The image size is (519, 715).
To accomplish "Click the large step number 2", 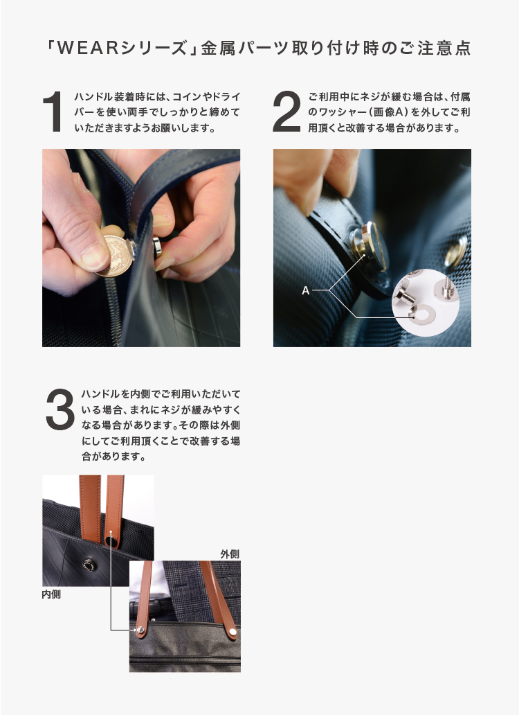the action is point(286,112).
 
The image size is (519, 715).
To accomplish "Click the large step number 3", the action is point(60,409).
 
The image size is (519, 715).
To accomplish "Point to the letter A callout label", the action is point(305,290).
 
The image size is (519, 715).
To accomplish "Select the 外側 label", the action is point(230,554).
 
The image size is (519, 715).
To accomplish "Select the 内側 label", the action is point(51,594).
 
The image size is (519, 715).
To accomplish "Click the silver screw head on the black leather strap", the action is point(368,246).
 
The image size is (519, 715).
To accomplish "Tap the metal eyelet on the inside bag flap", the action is point(90,565).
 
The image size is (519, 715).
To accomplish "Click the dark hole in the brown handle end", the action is point(111,541).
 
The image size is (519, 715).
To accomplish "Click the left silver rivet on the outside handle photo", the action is point(141,630).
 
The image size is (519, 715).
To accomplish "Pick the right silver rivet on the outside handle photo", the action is point(233,632).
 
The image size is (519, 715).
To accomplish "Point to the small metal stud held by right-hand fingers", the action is point(156,247).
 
